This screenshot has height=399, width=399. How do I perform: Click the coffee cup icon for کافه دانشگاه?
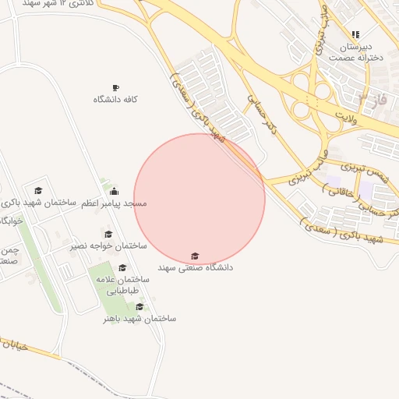coord(115,87)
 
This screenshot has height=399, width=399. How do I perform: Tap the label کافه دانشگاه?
coord(115,100)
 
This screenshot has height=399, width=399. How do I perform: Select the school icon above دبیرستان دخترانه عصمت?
coord(355,34)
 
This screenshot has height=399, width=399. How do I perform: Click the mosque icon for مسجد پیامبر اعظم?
coord(115,191)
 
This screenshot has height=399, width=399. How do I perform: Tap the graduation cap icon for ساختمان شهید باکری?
coord(38,190)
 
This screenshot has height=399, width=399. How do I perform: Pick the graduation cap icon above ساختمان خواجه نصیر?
coord(108,234)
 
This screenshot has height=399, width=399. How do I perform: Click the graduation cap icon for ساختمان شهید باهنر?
coord(139,306)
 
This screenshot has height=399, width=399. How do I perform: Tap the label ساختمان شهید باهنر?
coord(139,319)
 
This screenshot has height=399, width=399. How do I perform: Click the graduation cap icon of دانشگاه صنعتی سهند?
coord(194,256)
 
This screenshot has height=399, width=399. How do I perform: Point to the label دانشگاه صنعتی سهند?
coord(195,267)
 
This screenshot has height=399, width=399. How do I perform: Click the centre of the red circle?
coord(199,199)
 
